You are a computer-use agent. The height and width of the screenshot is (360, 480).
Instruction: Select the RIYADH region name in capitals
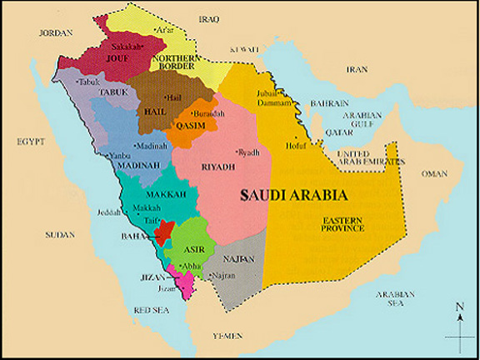click(x=218, y=167)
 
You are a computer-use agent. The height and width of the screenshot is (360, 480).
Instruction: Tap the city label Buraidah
click(x=208, y=113)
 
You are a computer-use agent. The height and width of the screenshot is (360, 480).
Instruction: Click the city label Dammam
click(x=274, y=103)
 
